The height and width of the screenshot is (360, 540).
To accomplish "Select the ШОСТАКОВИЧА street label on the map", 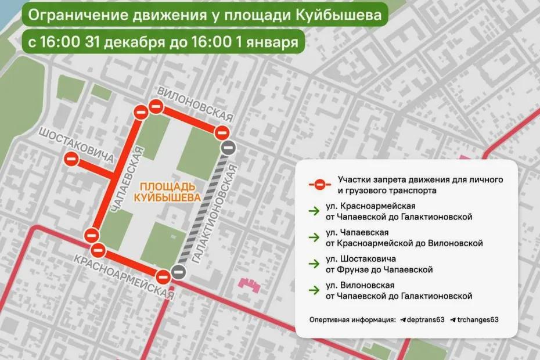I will pos(75,146).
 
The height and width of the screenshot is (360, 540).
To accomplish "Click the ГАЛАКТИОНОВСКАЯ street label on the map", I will pos(214,213).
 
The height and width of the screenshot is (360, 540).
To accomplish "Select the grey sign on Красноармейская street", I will pos(179,271).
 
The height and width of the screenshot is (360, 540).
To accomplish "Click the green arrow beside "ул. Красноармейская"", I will pos(314,211).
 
